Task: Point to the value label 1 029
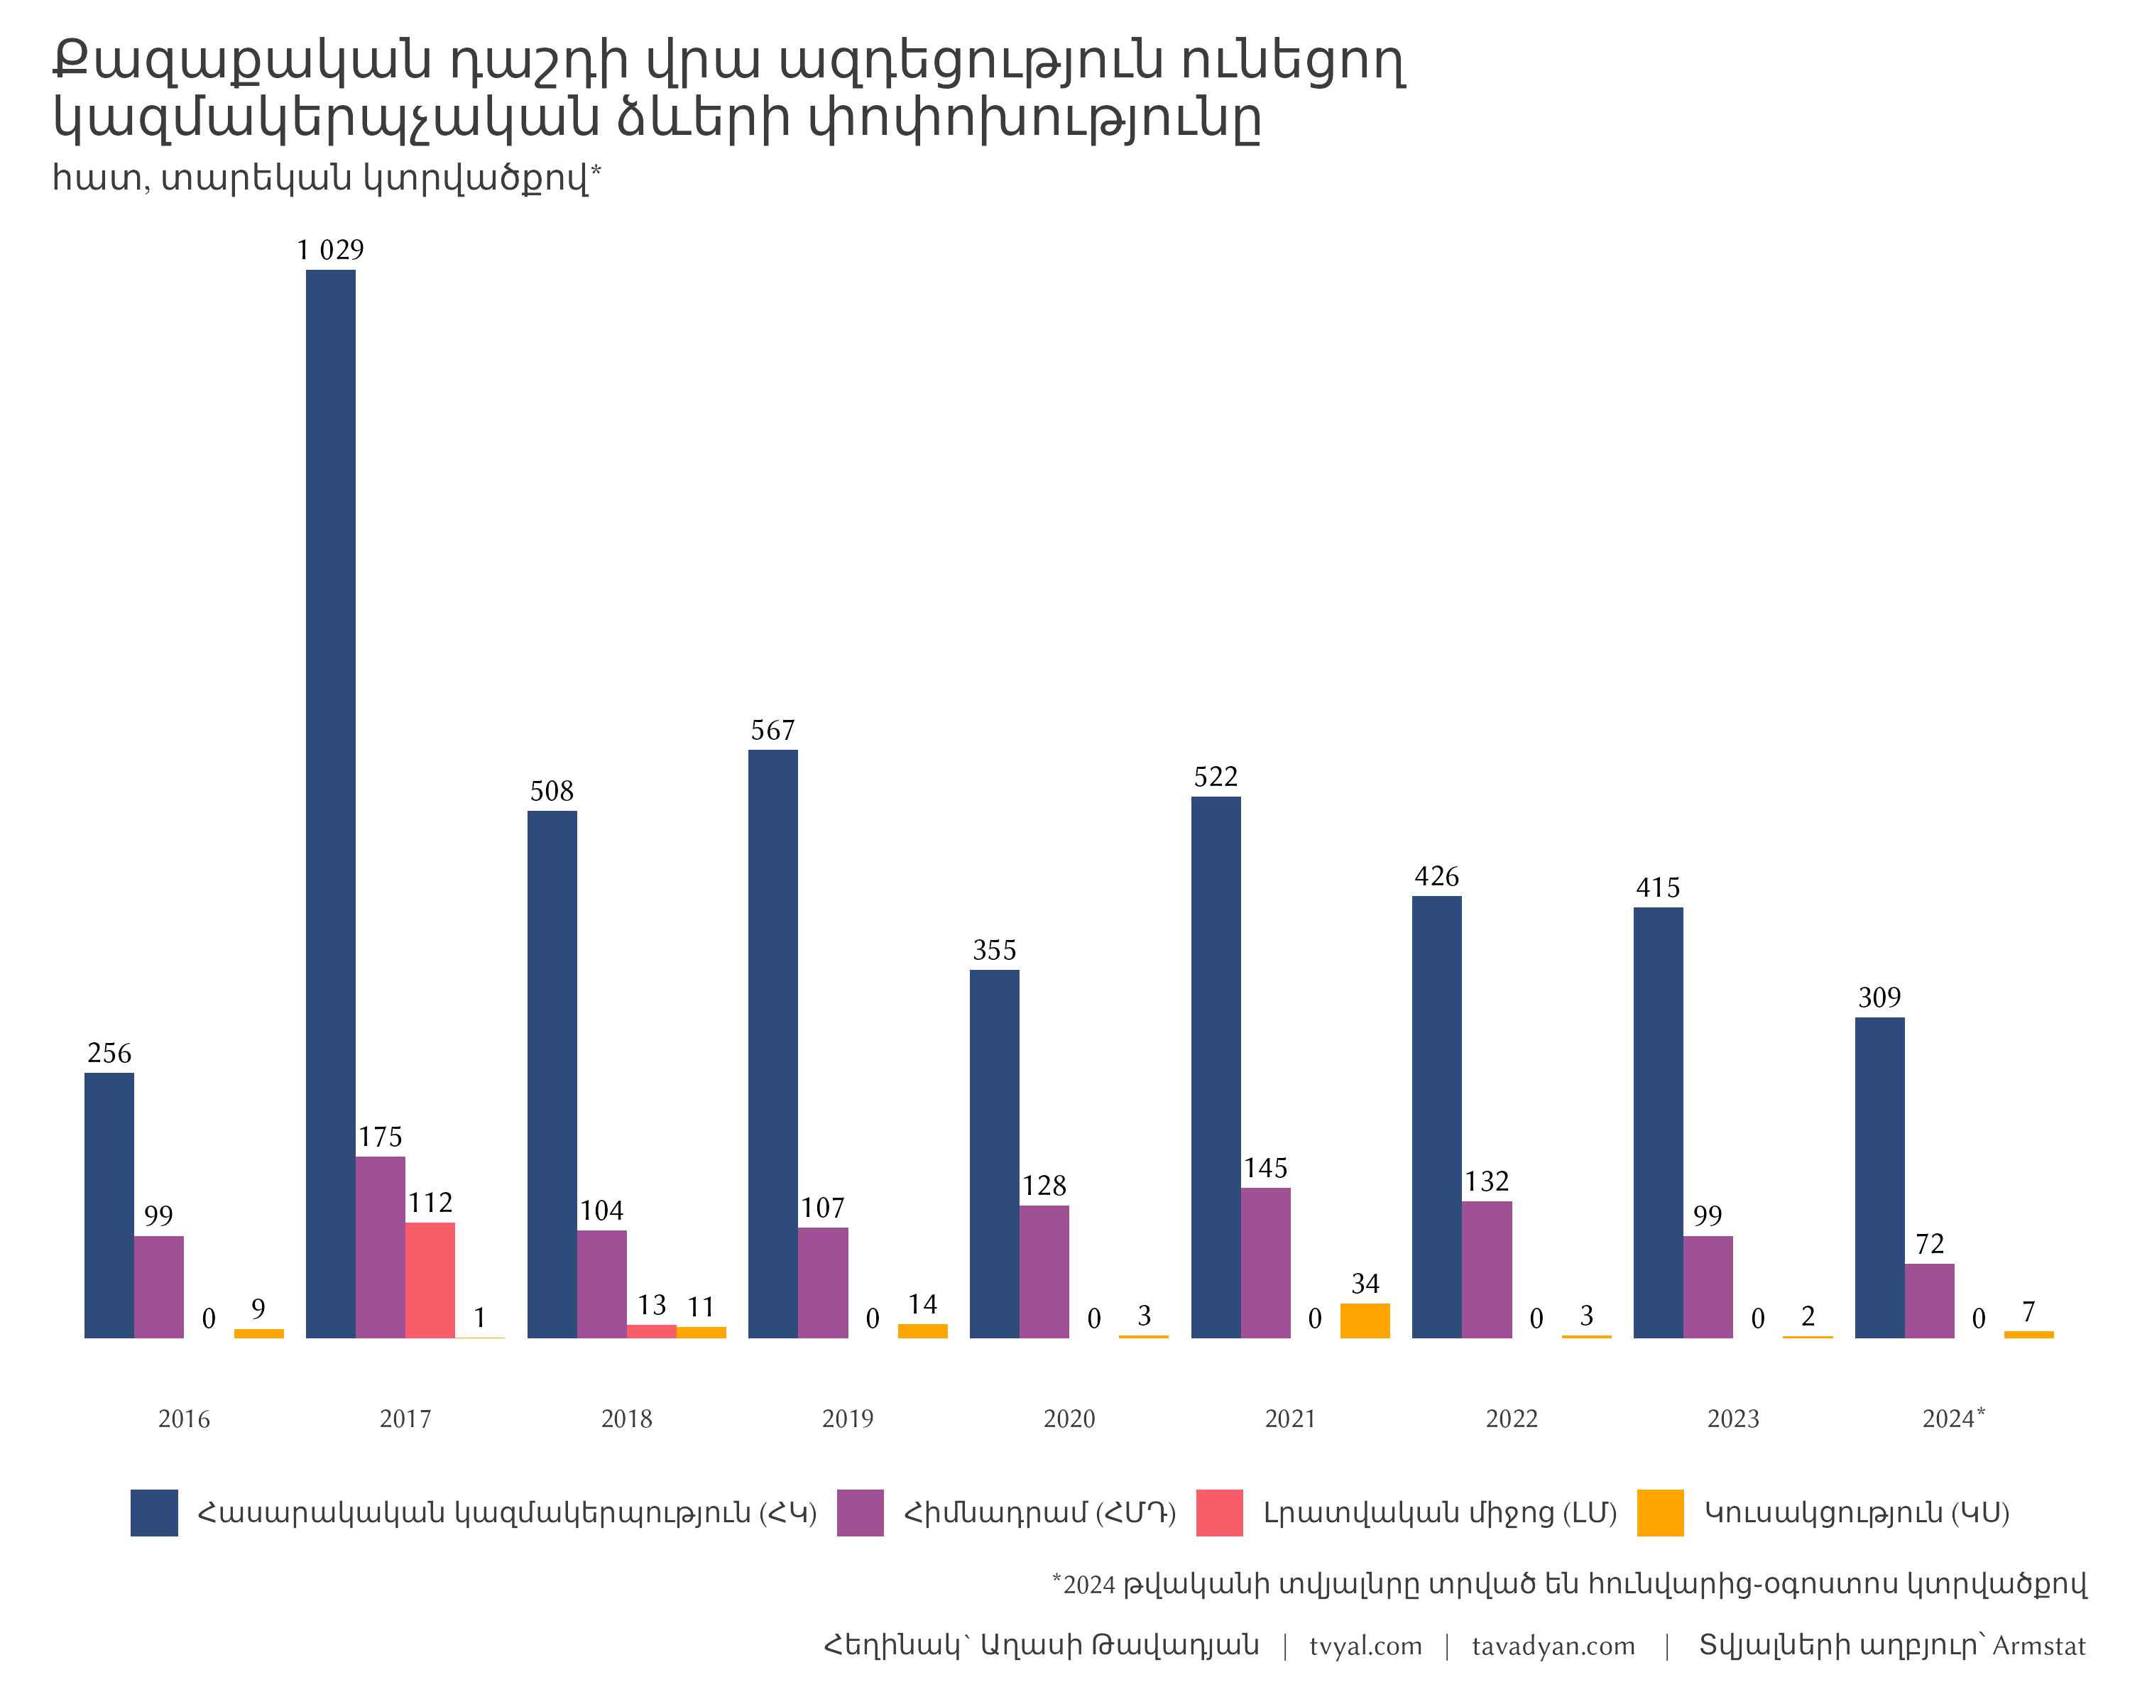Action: [330, 250]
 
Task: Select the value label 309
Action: [1879, 997]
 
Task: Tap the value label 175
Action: [381, 1136]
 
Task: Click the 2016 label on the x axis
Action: [184, 1419]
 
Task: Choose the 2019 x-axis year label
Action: [848, 1419]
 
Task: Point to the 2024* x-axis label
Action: [1952, 1419]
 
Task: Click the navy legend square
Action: [154, 1512]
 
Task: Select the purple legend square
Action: [860, 1512]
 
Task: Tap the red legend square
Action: [1219, 1512]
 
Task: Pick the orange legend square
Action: [1660, 1512]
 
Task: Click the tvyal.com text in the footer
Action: [1365, 1646]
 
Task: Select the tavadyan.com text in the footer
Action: [1553, 1646]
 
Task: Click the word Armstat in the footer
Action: [2038, 1646]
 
